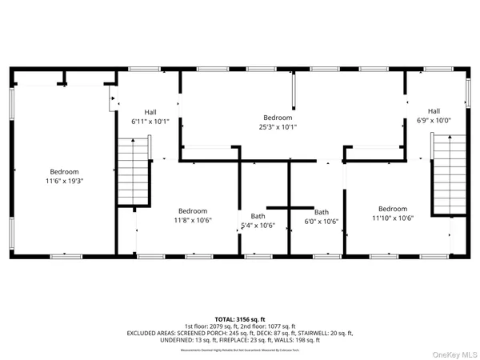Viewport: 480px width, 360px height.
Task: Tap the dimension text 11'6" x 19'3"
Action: (65, 181)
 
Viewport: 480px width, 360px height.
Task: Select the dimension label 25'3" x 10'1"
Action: (278, 126)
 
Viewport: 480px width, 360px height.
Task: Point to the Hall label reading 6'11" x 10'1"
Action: (150, 122)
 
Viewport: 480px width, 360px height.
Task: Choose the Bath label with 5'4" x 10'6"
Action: (258, 226)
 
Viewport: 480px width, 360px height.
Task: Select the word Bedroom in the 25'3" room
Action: (278, 117)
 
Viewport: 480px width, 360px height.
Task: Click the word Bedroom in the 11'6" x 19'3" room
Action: (65, 171)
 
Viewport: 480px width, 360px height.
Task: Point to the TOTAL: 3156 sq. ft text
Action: (239, 318)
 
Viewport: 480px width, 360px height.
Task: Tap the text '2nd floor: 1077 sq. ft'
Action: (268, 326)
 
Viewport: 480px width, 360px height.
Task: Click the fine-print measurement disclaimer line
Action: (240, 346)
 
